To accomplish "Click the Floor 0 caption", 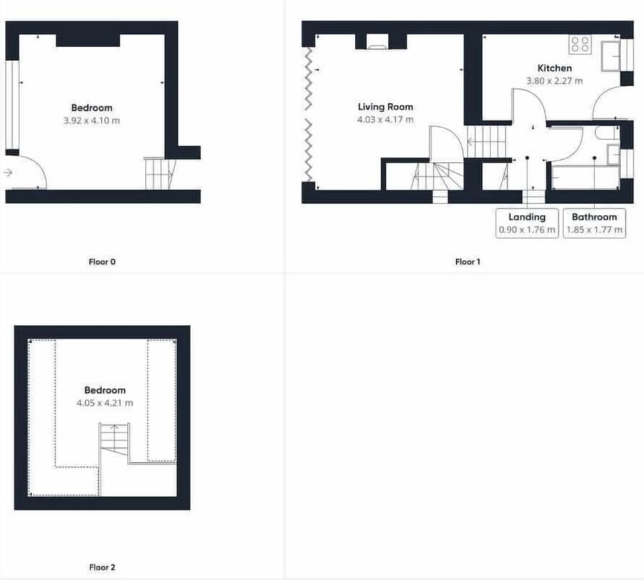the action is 102,262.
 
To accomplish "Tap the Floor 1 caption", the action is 468,262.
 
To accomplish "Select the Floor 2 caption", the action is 102,568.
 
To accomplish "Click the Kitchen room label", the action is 555,68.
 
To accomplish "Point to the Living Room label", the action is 385,107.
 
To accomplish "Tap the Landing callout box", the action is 527,223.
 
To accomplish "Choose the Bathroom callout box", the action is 594,223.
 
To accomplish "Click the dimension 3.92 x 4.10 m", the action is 92,120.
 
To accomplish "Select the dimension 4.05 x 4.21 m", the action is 105,403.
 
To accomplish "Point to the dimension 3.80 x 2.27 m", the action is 555,81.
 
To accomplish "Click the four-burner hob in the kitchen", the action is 580,44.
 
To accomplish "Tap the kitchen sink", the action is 610,56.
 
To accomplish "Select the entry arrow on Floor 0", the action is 8,173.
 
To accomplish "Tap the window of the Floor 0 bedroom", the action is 12,105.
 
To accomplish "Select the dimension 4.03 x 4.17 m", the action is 385,120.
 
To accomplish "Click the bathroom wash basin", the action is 613,154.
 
